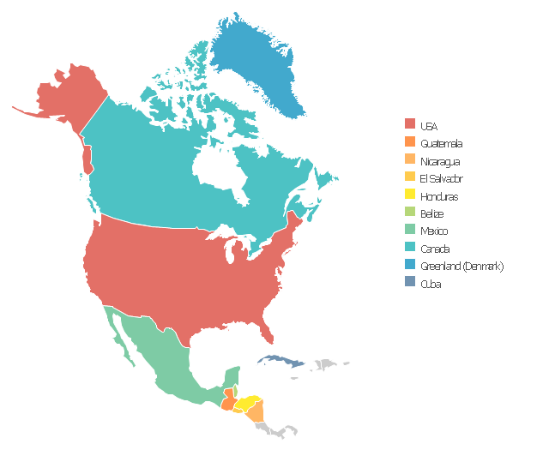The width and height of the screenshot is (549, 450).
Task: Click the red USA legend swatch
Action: point(410,125)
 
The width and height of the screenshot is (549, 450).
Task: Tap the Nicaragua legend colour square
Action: point(410,160)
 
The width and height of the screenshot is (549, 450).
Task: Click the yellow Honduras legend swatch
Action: point(410,195)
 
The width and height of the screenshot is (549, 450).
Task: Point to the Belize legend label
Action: point(431,213)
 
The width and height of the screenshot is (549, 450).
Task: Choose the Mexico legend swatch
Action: point(410,231)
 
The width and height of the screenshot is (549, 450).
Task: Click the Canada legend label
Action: point(434,249)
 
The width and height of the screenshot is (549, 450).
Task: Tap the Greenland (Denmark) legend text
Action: point(462,267)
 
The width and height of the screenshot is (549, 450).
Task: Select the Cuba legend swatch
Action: point(410,284)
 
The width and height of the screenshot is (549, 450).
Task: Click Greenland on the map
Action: point(257,60)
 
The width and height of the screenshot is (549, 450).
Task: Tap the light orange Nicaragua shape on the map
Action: point(256,413)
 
